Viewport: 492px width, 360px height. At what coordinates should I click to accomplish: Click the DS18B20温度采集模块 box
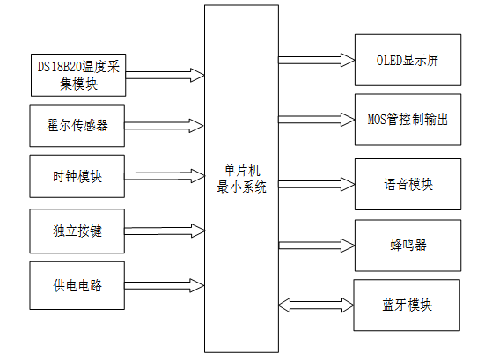click(77, 74)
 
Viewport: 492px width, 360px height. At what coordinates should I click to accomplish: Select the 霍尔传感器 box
click(77, 125)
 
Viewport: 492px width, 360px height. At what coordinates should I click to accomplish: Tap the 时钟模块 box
click(77, 176)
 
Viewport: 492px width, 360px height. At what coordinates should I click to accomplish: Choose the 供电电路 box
click(77, 284)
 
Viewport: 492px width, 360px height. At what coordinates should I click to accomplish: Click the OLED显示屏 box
click(407, 61)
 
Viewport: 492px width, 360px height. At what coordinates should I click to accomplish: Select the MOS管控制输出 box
click(407, 119)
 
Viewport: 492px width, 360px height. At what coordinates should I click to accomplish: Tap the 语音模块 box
click(408, 184)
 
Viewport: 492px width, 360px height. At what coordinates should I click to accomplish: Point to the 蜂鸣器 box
click(407, 244)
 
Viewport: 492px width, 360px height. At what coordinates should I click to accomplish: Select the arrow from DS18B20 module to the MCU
click(164, 75)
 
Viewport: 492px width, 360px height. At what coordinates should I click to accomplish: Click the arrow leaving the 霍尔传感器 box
click(164, 127)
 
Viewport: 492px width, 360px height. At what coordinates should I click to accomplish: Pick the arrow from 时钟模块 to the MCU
click(164, 179)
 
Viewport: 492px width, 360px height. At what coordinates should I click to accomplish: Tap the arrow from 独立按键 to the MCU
click(164, 231)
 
